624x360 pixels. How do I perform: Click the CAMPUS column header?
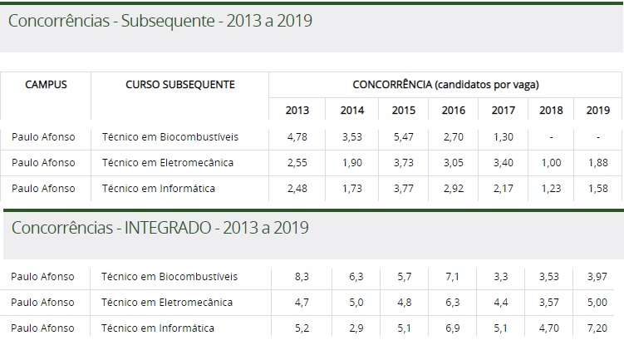click(x=46, y=85)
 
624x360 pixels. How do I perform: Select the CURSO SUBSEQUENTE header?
click(x=179, y=85)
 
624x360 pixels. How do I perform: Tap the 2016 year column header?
click(x=454, y=111)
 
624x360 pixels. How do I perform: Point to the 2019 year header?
click(x=597, y=111)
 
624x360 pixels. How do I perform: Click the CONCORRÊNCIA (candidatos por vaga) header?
click(x=446, y=85)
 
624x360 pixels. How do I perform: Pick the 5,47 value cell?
click(x=404, y=136)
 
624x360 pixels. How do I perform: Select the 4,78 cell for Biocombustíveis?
click(x=297, y=136)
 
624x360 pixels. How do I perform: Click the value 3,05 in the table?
click(x=454, y=162)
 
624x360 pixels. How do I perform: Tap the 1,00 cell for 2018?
click(x=551, y=162)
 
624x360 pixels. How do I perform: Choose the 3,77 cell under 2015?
click(x=404, y=189)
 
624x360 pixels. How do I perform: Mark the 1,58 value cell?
click(x=597, y=189)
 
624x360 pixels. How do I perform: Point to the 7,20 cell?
click(x=597, y=328)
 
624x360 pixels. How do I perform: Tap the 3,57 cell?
click(x=551, y=302)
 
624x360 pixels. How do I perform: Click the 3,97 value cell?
click(x=597, y=276)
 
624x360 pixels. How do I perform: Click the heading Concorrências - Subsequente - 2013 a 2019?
click(x=160, y=21)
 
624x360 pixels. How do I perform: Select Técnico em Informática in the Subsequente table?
click(x=158, y=189)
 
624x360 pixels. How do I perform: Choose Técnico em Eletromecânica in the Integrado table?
click(x=167, y=302)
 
